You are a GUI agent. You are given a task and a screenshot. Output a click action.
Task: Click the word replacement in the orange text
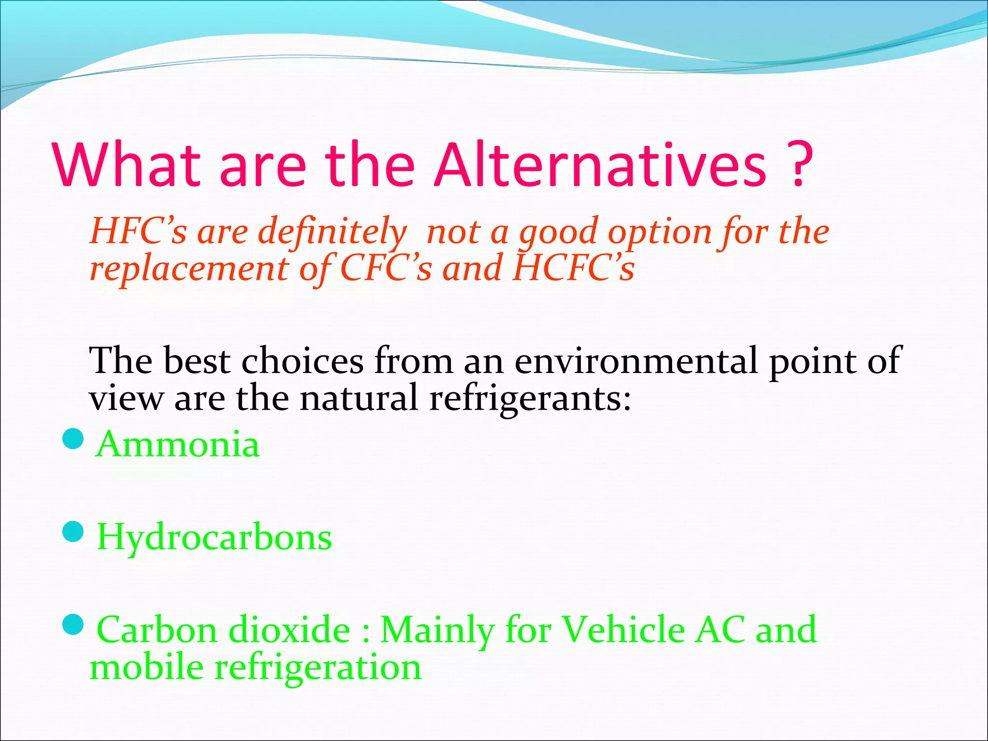(x=190, y=269)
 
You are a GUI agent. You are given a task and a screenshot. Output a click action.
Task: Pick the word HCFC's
(x=574, y=268)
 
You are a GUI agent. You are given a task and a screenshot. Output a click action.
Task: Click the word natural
(x=358, y=398)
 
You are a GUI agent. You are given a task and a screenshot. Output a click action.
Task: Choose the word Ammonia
(x=178, y=444)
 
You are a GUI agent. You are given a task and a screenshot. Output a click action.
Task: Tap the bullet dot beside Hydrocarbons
(x=74, y=532)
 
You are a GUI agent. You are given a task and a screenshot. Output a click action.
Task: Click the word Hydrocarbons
(x=214, y=537)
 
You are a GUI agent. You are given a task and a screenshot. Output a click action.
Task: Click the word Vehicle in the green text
(x=624, y=630)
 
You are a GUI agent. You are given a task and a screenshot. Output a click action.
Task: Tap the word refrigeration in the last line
(x=318, y=668)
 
